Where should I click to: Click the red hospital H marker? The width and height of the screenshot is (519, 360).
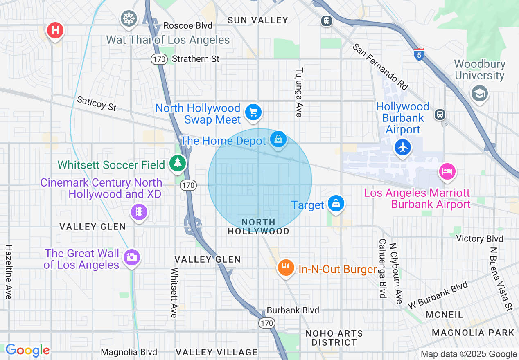pyautogui.click(x=55, y=30)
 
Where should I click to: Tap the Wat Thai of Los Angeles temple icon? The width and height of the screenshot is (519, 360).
pyautogui.click(x=129, y=18)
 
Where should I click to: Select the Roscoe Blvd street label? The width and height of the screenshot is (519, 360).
pyautogui.click(x=188, y=25)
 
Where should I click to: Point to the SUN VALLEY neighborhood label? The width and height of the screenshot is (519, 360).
pyautogui.click(x=258, y=20)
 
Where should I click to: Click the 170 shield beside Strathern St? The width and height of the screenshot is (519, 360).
pyautogui.click(x=159, y=59)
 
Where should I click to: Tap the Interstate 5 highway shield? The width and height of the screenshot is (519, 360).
pyautogui.click(x=418, y=54)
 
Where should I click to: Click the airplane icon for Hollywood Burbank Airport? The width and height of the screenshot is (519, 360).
pyautogui.click(x=403, y=147)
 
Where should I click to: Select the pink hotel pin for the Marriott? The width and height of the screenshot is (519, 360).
pyautogui.click(x=447, y=171)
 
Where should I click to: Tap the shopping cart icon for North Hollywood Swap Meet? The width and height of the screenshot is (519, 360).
pyautogui.click(x=253, y=111)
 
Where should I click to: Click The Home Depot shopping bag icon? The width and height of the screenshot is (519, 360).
pyautogui.click(x=278, y=139)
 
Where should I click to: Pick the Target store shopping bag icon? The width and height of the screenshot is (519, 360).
pyautogui.click(x=336, y=203)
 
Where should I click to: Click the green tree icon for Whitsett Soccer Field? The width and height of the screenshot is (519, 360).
pyautogui.click(x=178, y=163)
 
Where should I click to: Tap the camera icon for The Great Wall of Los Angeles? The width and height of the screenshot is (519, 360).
pyautogui.click(x=131, y=257)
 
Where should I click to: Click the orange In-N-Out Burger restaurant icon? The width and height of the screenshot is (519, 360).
pyautogui.click(x=286, y=268)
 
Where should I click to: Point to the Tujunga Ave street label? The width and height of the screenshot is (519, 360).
pyautogui.click(x=298, y=92)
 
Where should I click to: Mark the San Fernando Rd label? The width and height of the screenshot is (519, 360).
pyautogui.click(x=381, y=66)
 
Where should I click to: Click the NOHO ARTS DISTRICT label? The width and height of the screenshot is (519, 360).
pyautogui.click(x=334, y=338)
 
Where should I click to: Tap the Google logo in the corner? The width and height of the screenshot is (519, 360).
pyautogui.click(x=27, y=351)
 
